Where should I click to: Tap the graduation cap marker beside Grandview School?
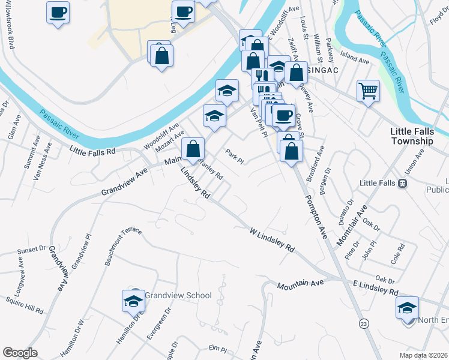click(x=133, y=301)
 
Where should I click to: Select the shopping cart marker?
click(x=368, y=91)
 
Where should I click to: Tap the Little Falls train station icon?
click(x=403, y=184)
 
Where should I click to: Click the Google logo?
click(x=20, y=353)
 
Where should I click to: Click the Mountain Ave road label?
click(x=300, y=286)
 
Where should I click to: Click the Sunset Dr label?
click(x=31, y=248)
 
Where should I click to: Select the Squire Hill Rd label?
click(x=24, y=305)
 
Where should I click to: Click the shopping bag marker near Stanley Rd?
click(x=193, y=149)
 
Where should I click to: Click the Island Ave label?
click(x=355, y=61)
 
